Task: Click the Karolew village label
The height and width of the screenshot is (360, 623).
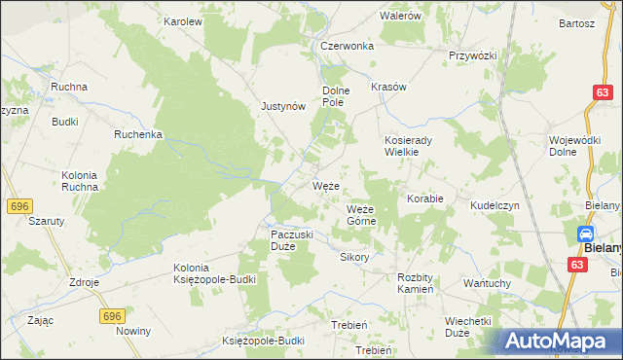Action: coord(182,20)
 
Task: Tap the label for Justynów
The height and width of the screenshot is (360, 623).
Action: coord(283,107)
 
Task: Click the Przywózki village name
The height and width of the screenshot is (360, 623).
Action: coord(472,55)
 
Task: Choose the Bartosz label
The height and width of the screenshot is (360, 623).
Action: coord(576,22)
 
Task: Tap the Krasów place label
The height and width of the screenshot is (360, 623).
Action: coord(388,87)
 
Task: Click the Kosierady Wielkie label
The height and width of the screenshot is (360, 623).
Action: coord(415,145)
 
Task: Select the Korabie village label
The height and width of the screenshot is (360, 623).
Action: coord(425,198)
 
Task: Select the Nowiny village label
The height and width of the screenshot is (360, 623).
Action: coord(133,331)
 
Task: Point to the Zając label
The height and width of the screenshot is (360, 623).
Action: coord(41,319)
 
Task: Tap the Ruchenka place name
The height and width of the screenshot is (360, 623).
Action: coord(137,134)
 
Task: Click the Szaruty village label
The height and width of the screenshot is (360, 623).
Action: coord(47,221)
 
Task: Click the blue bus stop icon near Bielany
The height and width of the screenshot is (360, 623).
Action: coord(586,234)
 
